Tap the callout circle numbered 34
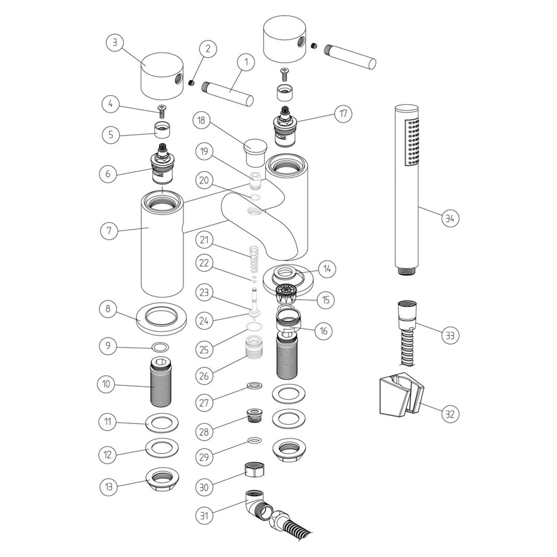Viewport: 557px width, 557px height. [450, 218]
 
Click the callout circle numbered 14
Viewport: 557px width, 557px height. [326, 268]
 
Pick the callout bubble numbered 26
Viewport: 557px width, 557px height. [204, 376]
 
